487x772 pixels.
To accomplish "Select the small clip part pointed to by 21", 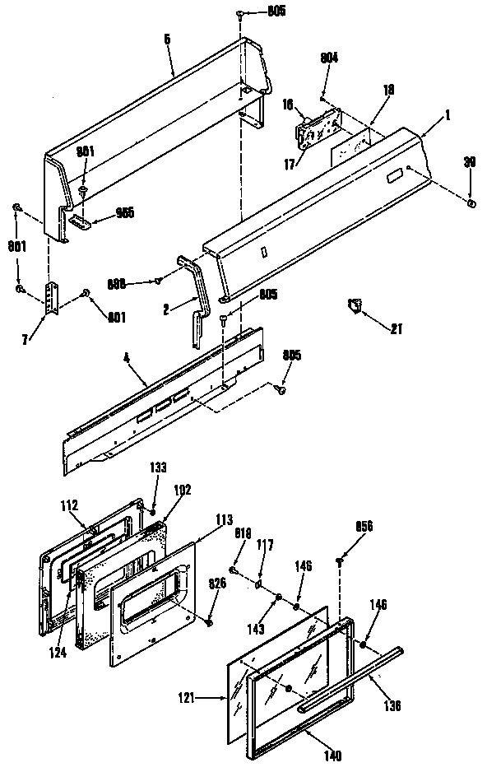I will (x=355, y=305).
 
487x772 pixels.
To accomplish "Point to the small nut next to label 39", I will (x=470, y=202).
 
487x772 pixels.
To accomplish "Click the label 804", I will (x=328, y=58).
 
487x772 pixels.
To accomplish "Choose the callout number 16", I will (x=288, y=105).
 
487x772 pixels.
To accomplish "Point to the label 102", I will (x=181, y=489).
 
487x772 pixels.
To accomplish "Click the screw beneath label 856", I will (x=338, y=561).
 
